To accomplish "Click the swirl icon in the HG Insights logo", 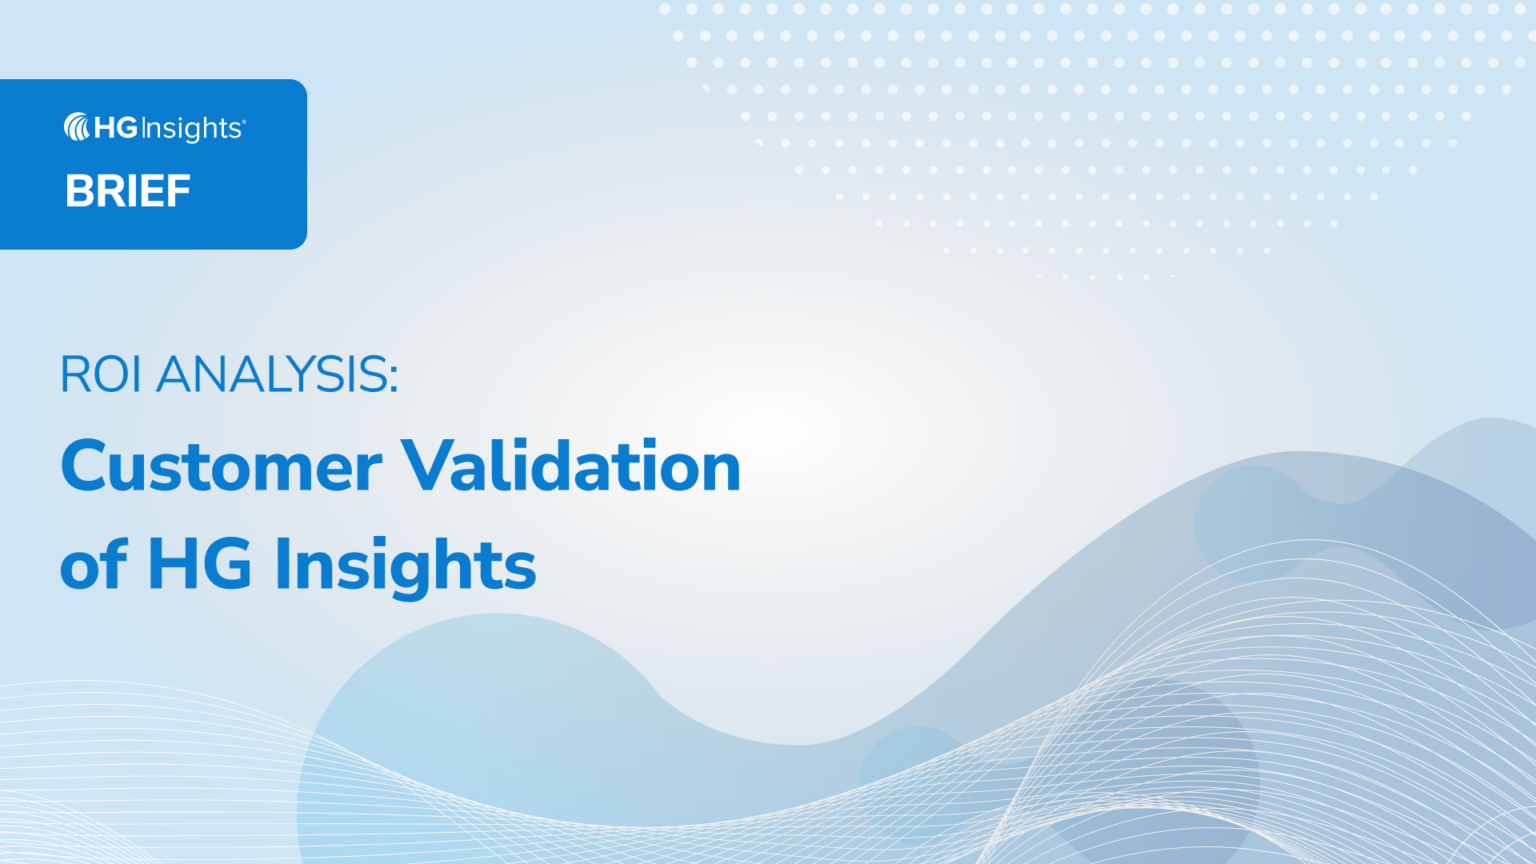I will pos(77,127).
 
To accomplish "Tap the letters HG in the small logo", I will pos(116,128).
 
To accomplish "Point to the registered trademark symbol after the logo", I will pos(244,122).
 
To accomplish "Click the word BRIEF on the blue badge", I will pos(128,191).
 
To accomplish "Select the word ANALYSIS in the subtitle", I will pos(270,375).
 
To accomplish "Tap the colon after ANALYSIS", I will pos(393,378).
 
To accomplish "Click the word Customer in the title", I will pos(221,467).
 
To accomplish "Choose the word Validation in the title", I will pos(571,467).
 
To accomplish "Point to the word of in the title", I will pos(94,565).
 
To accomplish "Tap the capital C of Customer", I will pos(85,467).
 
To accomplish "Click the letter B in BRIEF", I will pos(78,191).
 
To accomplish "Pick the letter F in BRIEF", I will pos(178,191).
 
